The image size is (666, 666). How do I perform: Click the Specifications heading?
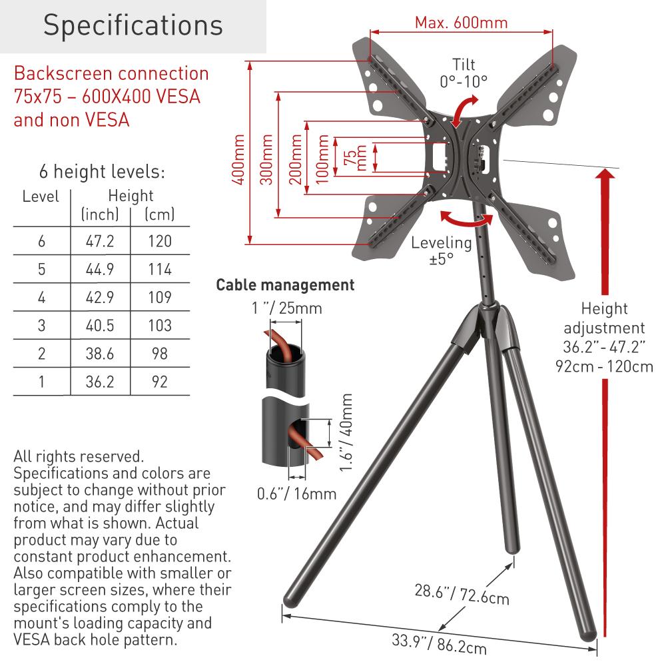click(x=133, y=25)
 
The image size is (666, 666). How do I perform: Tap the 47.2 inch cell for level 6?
click(x=100, y=241)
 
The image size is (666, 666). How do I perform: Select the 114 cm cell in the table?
click(x=160, y=269)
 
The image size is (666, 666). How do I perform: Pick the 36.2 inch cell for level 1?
click(x=100, y=382)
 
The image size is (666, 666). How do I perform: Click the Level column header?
click(x=41, y=196)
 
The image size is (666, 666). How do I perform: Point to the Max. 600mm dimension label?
click(x=462, y=22)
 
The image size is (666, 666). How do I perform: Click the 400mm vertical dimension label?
click(x=238, y=159)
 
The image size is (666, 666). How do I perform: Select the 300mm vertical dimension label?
click(x=266, y=159)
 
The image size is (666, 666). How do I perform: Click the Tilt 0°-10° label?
click(x=464, y=73)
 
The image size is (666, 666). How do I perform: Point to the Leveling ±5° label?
click(x=442, y=250)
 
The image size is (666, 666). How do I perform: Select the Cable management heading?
click(x=286, y=284)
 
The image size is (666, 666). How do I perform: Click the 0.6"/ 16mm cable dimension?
click(x=297, y=494)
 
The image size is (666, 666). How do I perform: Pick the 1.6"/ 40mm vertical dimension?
click(x=346, y=432)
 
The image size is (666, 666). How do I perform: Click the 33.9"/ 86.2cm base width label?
click(x=439, y=644)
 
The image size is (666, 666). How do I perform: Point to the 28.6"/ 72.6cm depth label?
click(x=462, y=594)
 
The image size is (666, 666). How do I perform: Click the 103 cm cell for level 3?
click(x=160, y=326)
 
